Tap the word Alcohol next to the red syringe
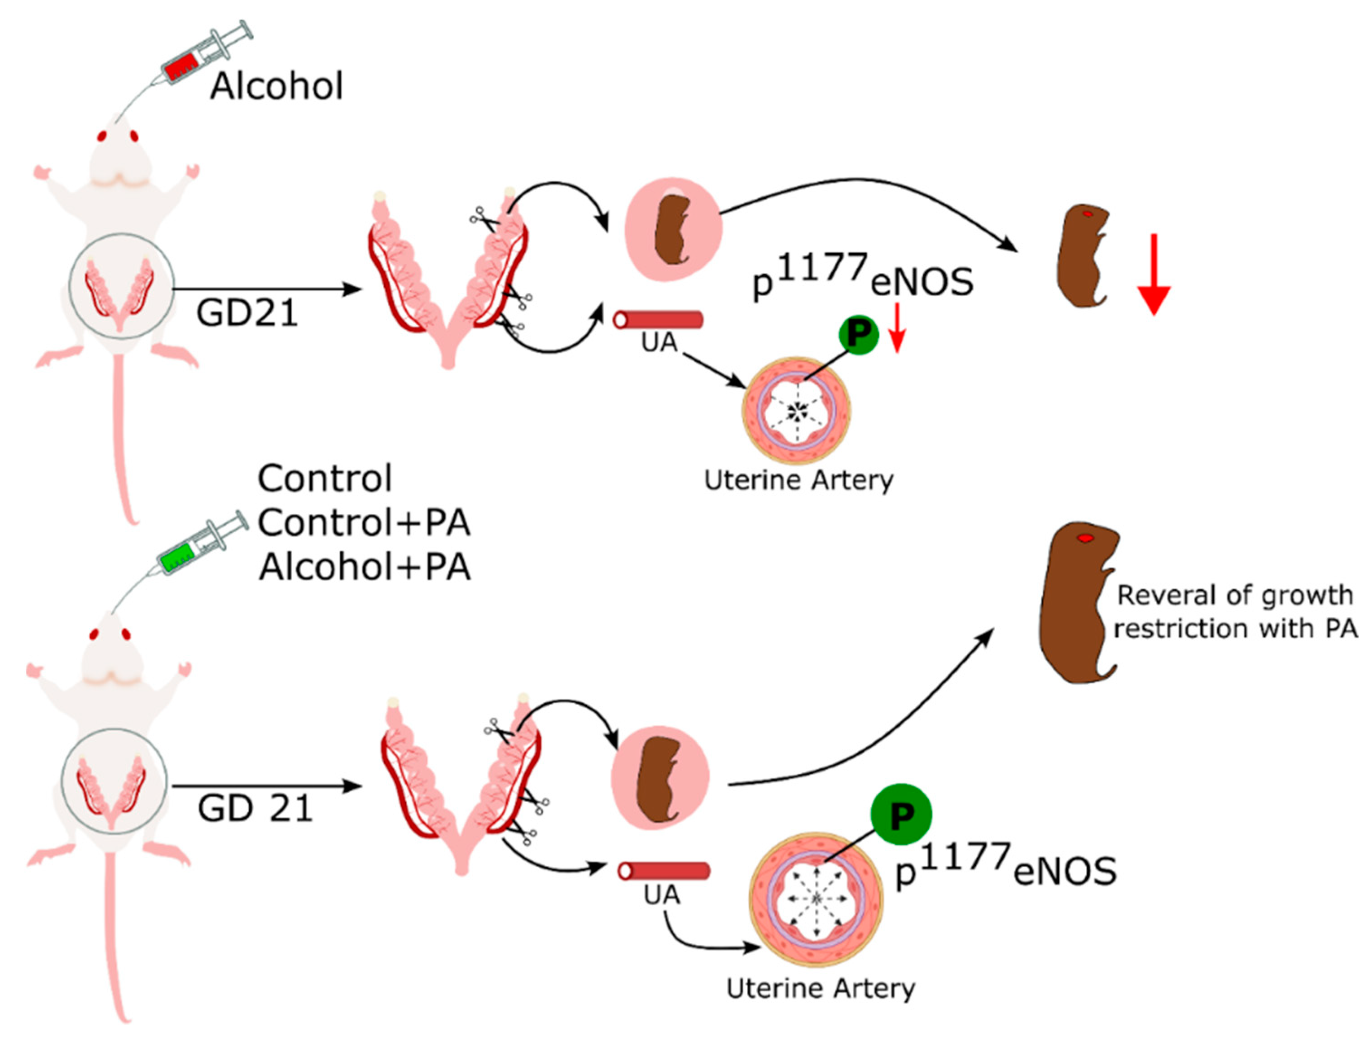tap(276, 86)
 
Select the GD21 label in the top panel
tap(247, 312)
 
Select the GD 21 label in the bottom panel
tap(254, 808)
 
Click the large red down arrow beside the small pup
tap(1153, 274)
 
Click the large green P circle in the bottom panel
tap(900, 814)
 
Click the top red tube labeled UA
tap(658, 320)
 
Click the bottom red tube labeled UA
tap(663, 871)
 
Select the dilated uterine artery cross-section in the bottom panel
tap(816, 899)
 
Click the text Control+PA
tap(364, 522)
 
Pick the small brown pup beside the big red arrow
tap(1082, 255)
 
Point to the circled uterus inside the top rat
tap(121, 286)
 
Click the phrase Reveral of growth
tap(1234, 595)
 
